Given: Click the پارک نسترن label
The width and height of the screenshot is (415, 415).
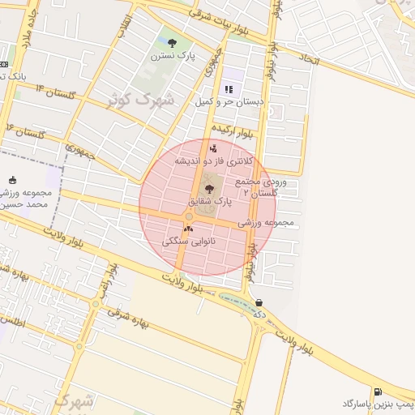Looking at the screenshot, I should [x=172, y=56].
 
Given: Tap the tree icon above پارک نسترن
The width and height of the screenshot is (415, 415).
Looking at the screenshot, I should [x=171, y=42].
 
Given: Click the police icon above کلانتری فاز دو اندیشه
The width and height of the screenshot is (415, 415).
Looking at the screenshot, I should [x=213, y=148].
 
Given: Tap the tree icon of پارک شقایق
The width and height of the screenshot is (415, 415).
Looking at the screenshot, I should [x=210, y=188].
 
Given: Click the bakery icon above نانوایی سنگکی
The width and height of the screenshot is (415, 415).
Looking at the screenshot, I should [x=188, y=229].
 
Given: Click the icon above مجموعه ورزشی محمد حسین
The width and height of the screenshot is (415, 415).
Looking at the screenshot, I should [x=11, y=180].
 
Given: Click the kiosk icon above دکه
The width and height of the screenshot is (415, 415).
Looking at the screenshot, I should [x=258, y=302].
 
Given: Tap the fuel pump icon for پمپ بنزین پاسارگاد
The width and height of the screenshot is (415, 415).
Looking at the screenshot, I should [x=378, y=391].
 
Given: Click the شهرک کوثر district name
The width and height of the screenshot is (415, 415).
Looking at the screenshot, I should [x=142, y=102].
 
